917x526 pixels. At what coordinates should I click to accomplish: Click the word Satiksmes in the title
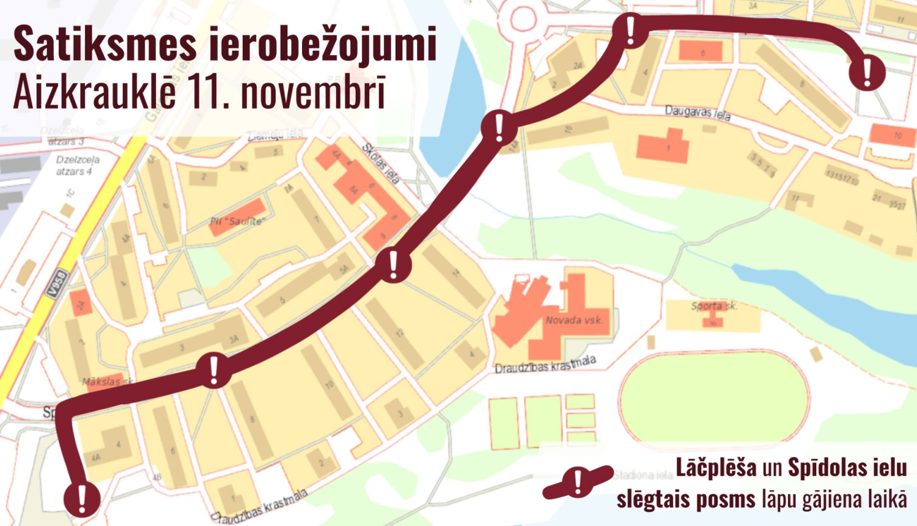tap(105, 44)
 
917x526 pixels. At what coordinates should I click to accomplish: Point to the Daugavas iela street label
tap(698, 113)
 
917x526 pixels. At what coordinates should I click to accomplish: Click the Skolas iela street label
tap(381, 164)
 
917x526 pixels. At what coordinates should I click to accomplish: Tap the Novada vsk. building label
tap(574, 320)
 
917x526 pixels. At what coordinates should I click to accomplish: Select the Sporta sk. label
tap(714, 306)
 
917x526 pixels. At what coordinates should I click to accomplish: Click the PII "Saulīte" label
tap(237, 221)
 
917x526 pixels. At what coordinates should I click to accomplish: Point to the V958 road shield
tap(57, 284)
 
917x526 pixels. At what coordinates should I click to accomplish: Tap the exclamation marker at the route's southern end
tap(82, 498)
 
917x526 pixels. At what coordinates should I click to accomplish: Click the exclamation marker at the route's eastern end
tap(867, 73)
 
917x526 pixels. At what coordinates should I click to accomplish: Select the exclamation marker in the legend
tap(578, 483)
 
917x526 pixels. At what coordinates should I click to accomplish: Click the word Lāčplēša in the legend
tap(716, 468)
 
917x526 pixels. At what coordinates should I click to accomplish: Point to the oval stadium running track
tap(713, 398)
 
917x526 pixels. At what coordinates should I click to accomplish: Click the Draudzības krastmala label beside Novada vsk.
tap(545, 366)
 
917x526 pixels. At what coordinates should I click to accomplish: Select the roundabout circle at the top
tap(523, 19)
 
